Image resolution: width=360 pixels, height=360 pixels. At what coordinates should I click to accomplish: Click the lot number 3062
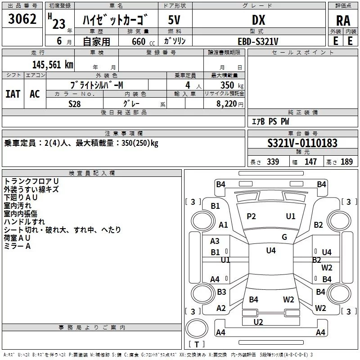click(22, 20)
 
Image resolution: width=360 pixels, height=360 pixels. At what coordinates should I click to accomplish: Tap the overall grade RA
click(343, 21)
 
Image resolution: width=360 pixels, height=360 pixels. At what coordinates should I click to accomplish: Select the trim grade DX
click(258, 20)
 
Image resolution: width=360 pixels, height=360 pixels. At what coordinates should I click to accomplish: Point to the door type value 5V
click(175, 20)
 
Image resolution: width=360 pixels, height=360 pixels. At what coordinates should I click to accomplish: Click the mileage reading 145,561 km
click(53, 64)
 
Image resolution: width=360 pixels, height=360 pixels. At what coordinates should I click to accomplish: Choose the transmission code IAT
click(13, 94)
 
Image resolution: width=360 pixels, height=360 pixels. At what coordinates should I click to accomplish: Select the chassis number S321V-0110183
click(302, 143)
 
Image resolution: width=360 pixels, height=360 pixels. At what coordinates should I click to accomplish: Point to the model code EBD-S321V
click(258, 41)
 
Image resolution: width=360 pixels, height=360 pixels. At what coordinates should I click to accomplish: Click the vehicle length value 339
click(273, 162)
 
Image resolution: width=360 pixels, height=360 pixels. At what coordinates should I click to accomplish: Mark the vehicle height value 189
click(346, 162)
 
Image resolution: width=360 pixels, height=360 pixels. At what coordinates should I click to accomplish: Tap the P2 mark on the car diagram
click(251, 216)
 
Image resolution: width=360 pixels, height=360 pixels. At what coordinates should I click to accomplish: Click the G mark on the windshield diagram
click(284, 237)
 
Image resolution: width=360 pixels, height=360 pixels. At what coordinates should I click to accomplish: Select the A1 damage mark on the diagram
click(223, 225)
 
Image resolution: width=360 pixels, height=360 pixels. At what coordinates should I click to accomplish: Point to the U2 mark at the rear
click(258, 322)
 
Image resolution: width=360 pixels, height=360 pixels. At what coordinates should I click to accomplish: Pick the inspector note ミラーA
click(17, 246)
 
